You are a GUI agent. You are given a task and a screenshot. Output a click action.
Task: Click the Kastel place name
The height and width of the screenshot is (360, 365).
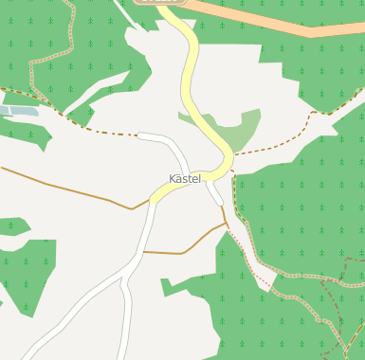coord(184,179)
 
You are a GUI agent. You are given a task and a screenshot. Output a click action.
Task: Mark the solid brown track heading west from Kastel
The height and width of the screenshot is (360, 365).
coord(66,187)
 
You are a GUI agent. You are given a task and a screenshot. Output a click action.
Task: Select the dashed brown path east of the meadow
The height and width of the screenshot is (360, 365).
coord(284,138)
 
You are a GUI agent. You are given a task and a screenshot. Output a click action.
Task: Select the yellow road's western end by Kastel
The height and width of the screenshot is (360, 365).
coord(154,198)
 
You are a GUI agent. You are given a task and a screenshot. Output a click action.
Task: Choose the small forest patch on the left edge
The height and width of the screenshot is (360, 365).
coord(11,227)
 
